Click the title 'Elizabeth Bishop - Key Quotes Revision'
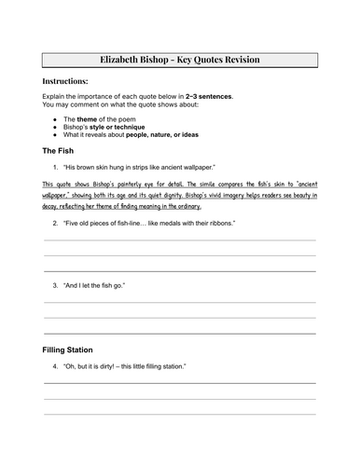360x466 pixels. tap(180, 60)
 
